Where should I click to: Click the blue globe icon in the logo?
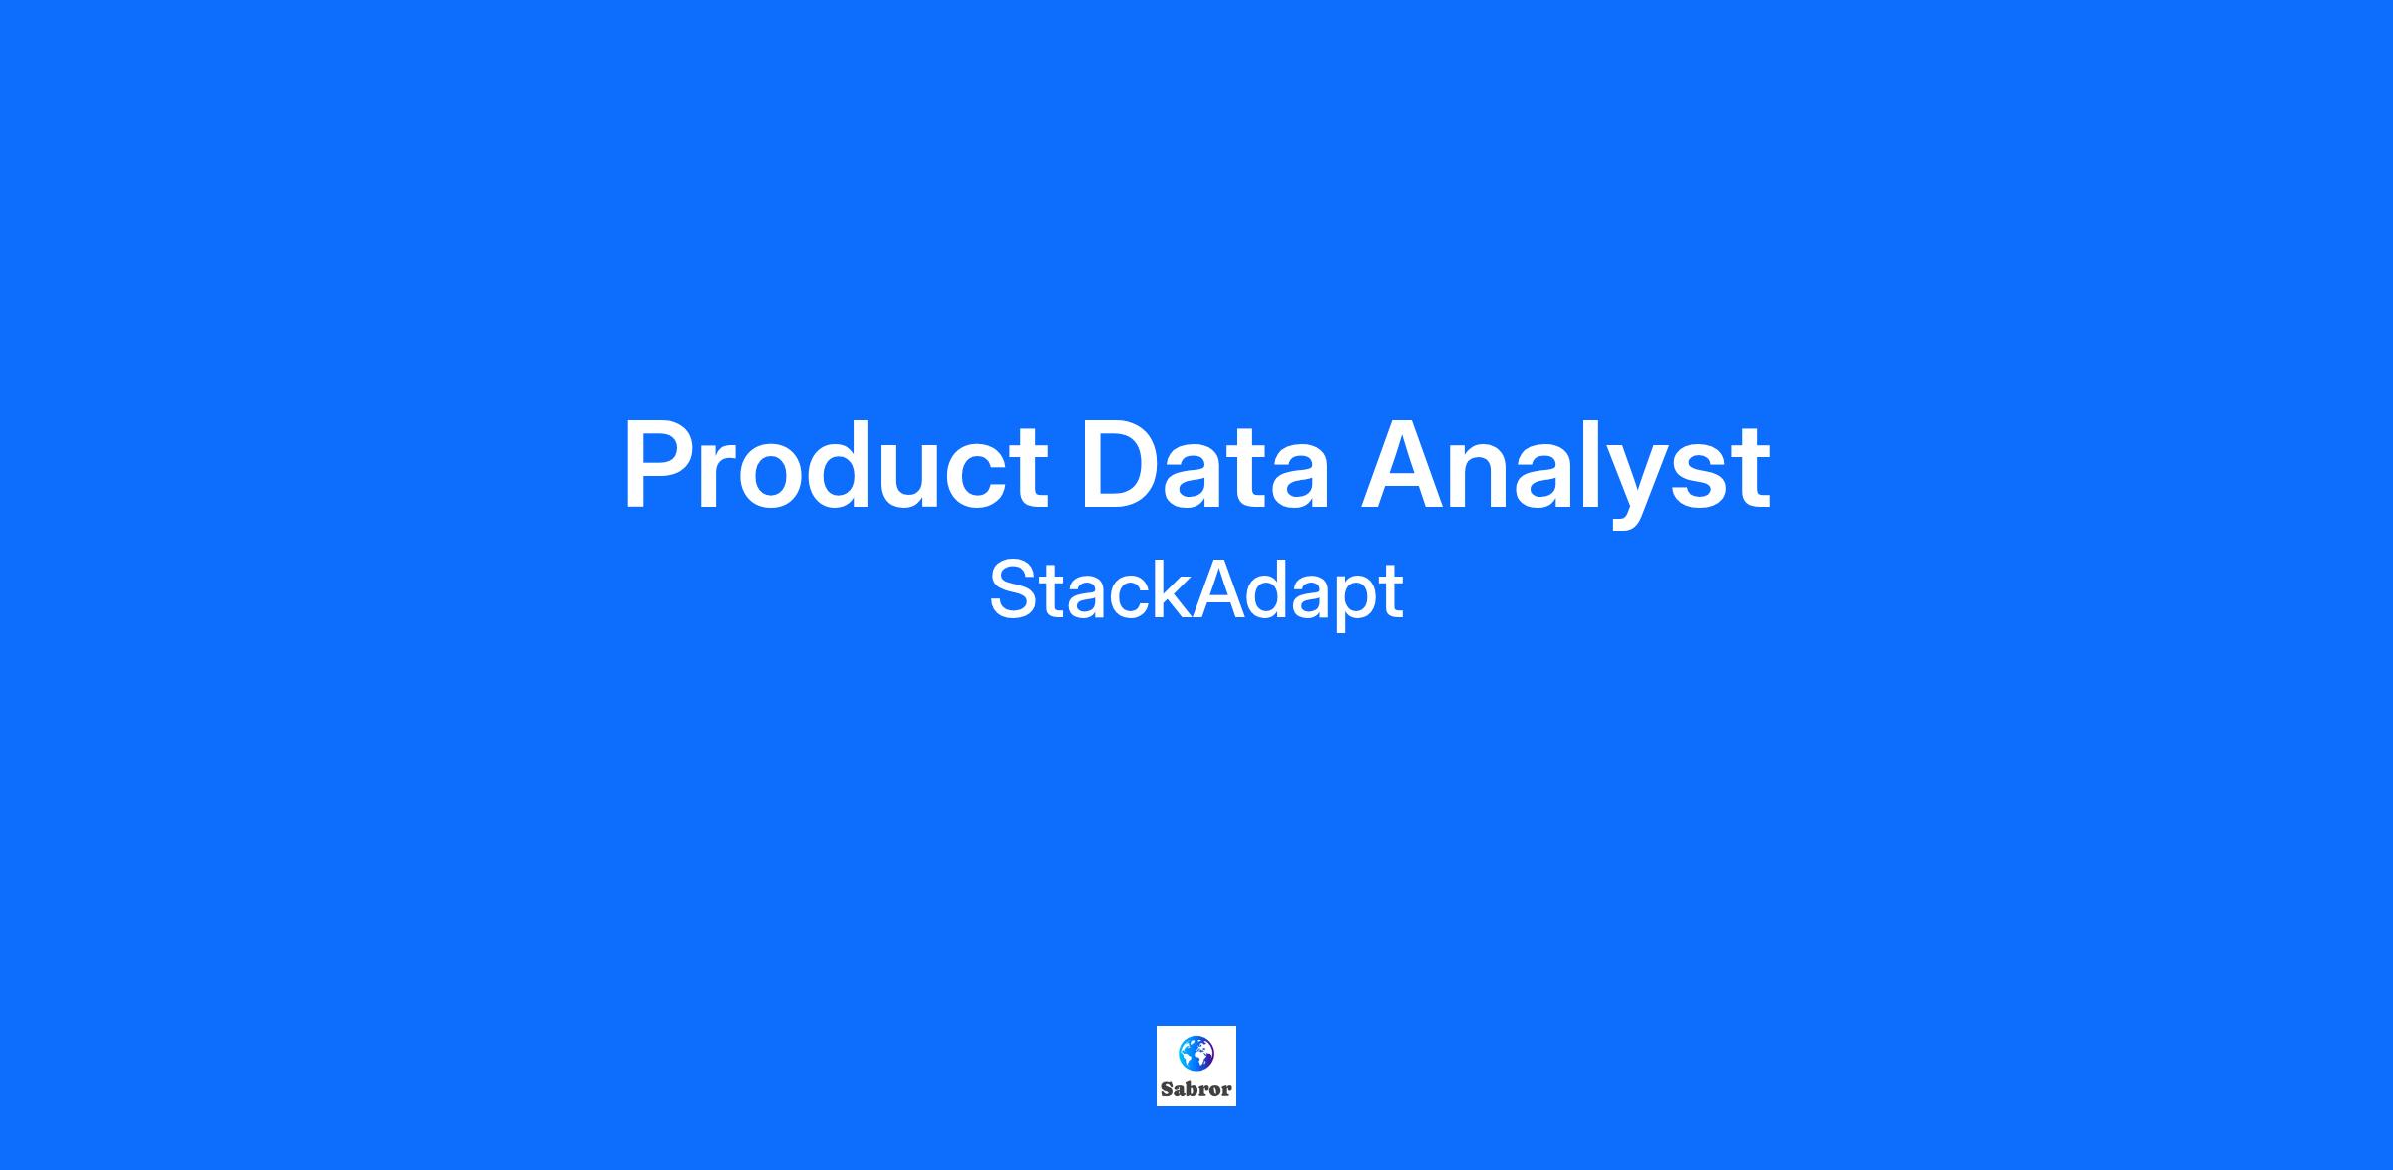[x=1196, y=1052]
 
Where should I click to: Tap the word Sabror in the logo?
[x=1196, y=1089]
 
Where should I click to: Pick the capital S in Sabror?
[x=1167, y=1089]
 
